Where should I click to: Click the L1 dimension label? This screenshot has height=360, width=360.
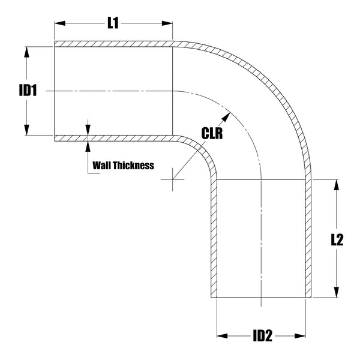tap(113, 24)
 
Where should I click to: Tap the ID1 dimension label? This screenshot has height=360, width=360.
tap(28, 91)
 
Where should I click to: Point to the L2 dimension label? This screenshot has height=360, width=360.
tap(337, 239)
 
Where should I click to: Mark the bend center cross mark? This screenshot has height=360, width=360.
tap(173, 178)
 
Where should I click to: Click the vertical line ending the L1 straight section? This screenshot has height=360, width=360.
tap(173, 90)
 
